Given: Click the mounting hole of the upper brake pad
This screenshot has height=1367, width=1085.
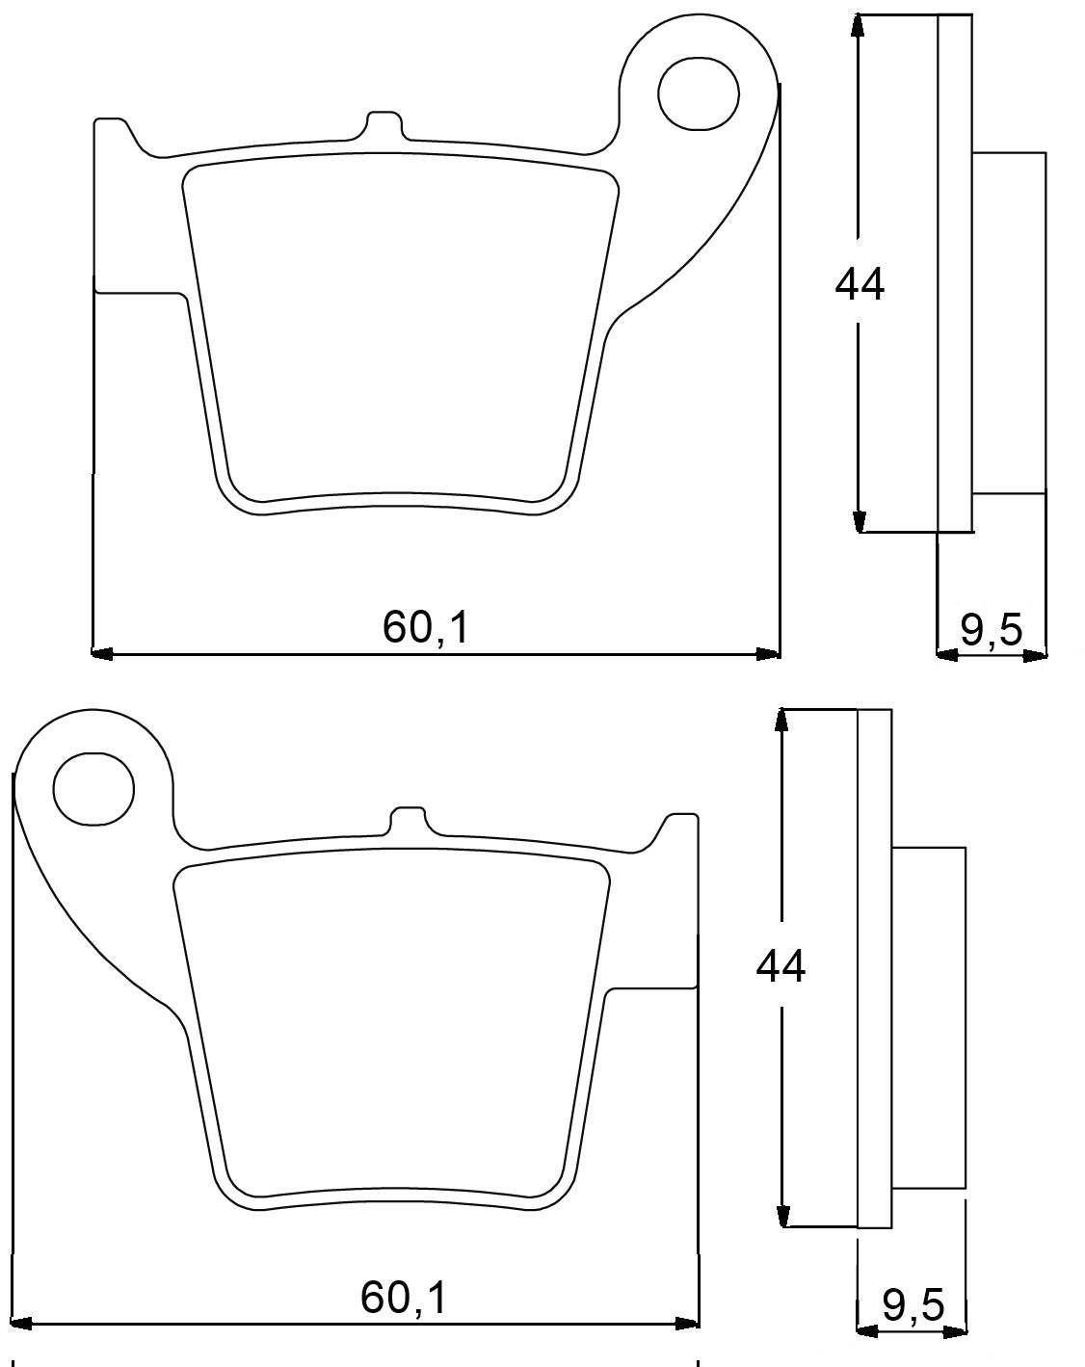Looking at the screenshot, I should click(698, 94).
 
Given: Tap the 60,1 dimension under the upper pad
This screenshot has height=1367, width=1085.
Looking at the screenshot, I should click(425, 628).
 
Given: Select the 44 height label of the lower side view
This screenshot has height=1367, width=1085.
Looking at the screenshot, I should click(781, 966).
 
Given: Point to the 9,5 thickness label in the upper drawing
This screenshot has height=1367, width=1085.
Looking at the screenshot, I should click(992, 631).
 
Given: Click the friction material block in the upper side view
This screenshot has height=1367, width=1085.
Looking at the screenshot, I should click(1009, 323).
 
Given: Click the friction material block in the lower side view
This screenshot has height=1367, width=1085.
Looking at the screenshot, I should click(929, 1017).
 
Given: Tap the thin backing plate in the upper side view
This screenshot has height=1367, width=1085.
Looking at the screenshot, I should click(955, 275).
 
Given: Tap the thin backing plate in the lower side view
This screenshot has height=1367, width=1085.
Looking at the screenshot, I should click(874, 968).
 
